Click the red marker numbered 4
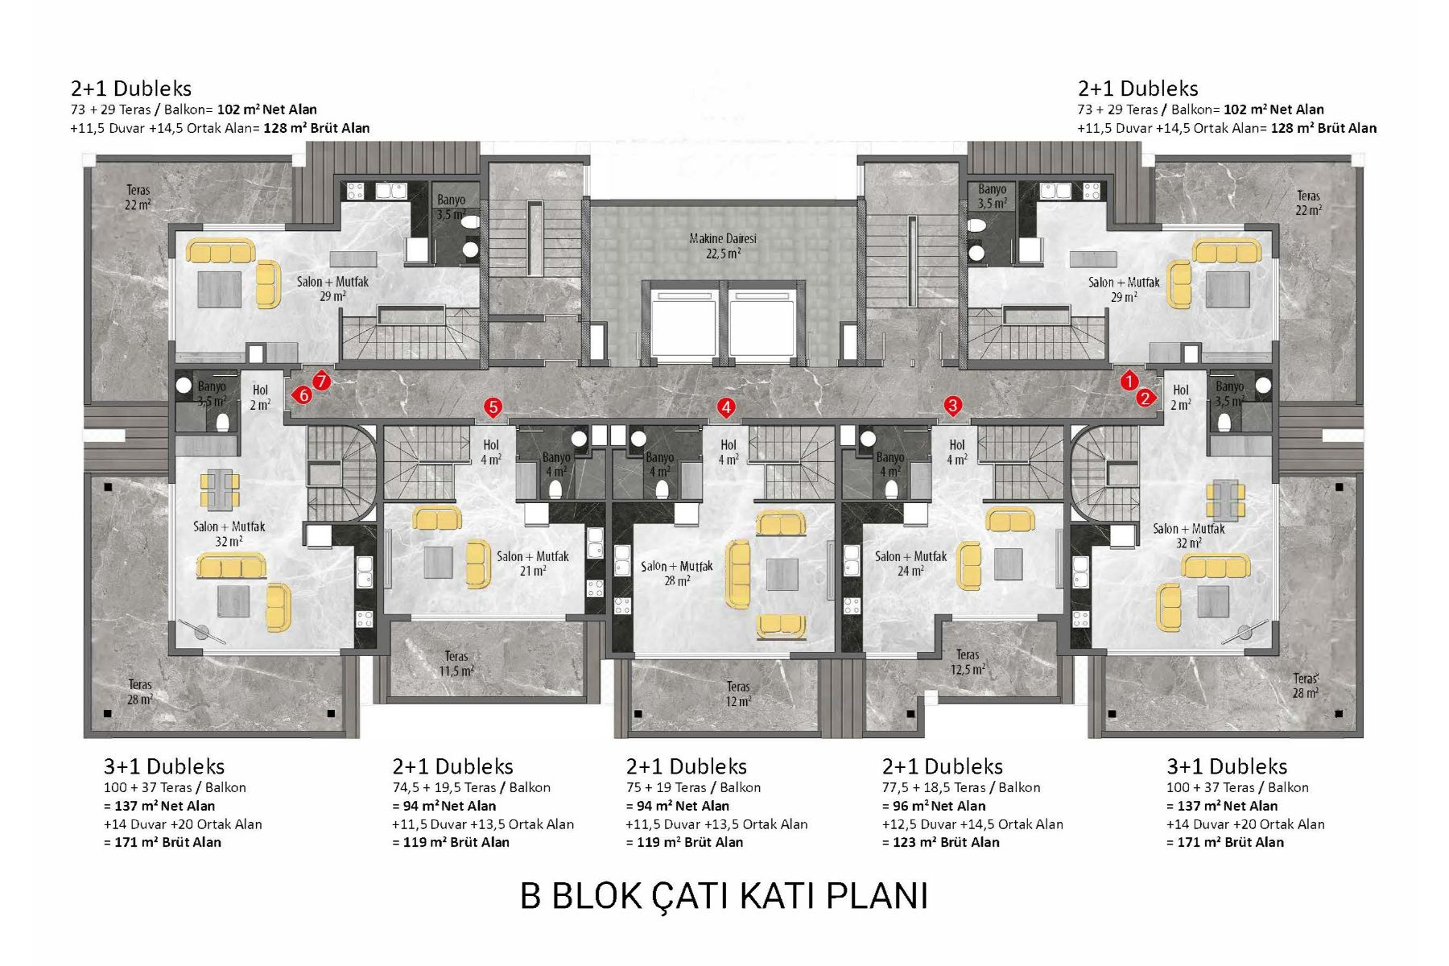(x=726, y=408)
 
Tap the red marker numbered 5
(x=493, y=408)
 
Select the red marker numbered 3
(x=953, y=406)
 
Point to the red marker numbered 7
(x=321, y=381)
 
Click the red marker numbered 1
(x=1129, y=382)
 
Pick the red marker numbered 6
(x=303, y=395)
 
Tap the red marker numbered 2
(x=1146, y=398)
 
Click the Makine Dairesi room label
(x=723, y=246)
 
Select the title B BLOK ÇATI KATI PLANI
(x=724, y=896)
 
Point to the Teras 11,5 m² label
(x=456, y=663)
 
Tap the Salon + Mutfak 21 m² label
(x=532, y=563)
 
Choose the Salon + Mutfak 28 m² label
(x=677, y=573)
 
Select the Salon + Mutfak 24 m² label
(x=910, y=563)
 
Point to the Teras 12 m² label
(x=738, y=694)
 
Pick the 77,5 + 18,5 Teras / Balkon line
(x=961, y=787)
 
